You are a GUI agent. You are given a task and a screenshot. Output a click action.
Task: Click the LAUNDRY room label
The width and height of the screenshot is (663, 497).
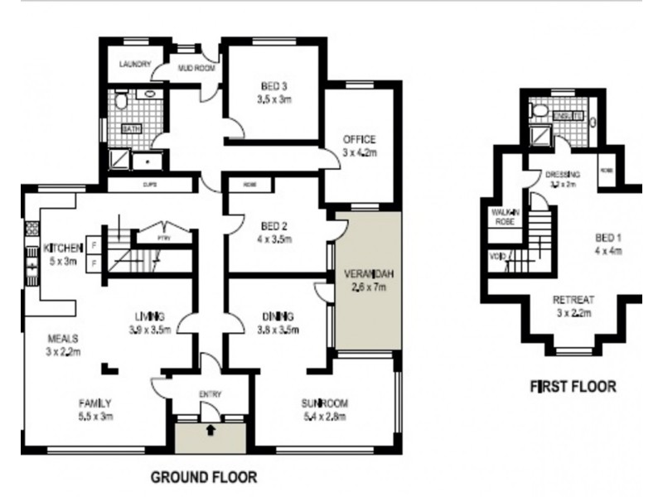point(133,64)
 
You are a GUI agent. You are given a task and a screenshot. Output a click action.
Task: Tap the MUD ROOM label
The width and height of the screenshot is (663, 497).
point(196,69)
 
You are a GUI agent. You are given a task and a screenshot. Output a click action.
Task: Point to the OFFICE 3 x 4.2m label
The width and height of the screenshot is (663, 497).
point(359,145)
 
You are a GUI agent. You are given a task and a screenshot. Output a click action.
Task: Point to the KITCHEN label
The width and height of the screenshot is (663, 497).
point(63,248)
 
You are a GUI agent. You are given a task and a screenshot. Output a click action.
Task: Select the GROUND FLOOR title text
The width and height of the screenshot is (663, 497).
point(203,477)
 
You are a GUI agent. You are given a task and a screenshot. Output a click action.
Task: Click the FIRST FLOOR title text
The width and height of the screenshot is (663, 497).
point(573,386)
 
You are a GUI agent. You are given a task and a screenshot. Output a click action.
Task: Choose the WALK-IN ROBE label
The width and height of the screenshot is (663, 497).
point(505,218)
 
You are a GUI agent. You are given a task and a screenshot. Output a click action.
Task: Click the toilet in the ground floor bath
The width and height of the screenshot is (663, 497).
point(120,101)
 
